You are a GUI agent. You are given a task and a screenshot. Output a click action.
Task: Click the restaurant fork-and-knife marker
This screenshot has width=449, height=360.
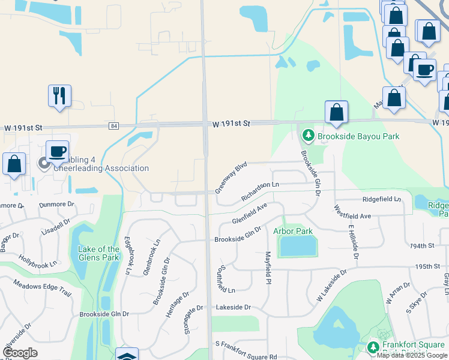point(59,95)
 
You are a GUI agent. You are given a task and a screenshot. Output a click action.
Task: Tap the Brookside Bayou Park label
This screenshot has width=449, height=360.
point(358,136)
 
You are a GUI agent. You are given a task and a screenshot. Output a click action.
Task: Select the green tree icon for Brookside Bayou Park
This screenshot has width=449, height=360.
point(309,136)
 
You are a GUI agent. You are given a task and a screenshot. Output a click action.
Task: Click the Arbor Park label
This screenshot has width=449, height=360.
point(293,231)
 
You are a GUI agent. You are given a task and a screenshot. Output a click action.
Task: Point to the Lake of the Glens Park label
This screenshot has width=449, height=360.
point(98,253)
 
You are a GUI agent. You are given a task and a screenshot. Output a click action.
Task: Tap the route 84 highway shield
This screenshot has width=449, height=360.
point(113,126)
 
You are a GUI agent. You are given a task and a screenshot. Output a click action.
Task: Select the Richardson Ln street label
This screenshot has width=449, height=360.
point(261,192)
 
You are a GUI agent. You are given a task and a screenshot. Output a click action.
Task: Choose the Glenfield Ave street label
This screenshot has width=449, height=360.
point(250,213)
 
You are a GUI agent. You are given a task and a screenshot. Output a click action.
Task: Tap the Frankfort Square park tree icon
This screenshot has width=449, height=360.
point(373,347)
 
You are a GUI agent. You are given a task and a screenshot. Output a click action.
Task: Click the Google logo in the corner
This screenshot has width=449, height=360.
point(20,353)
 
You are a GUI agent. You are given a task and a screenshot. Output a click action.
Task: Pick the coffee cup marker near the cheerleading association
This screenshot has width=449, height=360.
point(57,151)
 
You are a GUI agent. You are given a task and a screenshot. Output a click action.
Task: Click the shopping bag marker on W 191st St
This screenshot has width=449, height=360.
point(337,112)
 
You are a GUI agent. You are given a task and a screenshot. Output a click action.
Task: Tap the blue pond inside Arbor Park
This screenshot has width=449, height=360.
point(298,245)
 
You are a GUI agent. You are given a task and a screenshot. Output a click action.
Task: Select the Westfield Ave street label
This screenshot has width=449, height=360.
point(353,211)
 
